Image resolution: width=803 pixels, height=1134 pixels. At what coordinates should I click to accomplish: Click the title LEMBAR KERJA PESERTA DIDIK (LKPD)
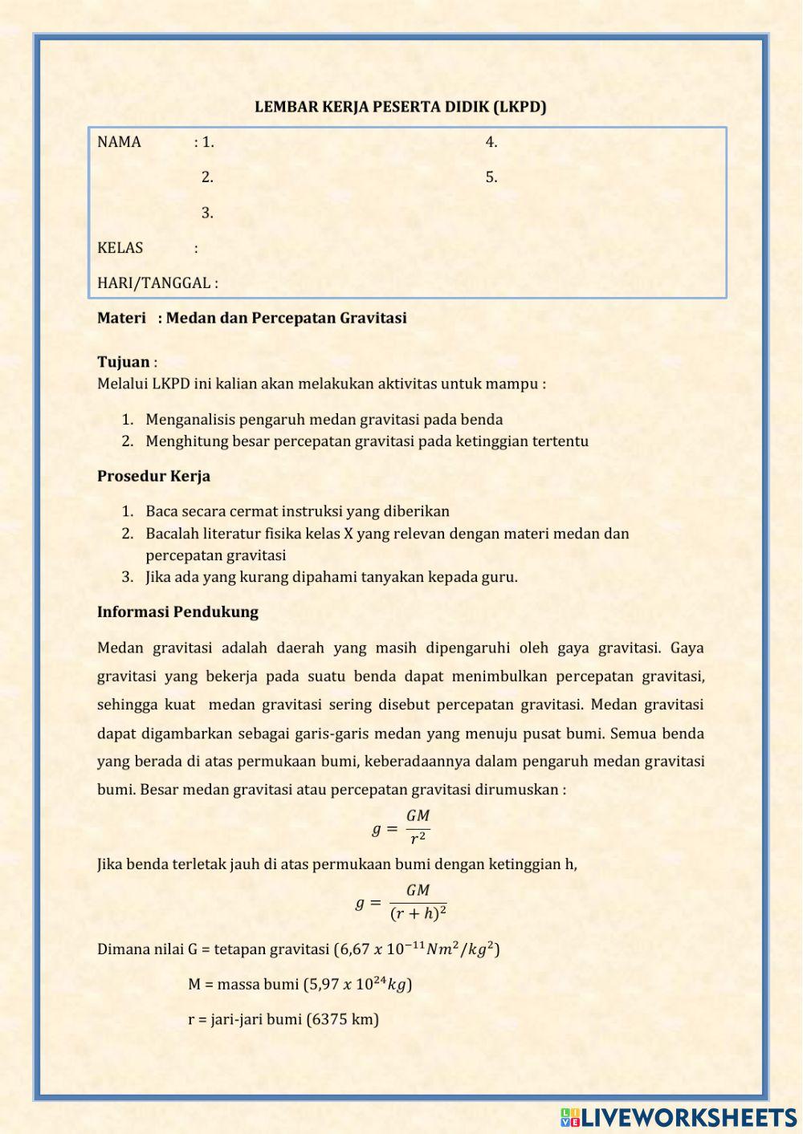point(400,107)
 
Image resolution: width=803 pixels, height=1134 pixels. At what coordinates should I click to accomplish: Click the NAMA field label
point(119,142)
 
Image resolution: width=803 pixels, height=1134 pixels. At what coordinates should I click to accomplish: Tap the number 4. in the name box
point(491,142)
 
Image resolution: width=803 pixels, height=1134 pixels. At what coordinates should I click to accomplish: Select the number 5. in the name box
point(491,177)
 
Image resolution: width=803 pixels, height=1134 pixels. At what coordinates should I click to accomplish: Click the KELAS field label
point(120,248)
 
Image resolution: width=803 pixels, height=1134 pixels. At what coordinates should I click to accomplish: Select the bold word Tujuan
point(123,362)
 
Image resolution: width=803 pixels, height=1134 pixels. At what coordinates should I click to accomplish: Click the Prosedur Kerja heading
point(153,476)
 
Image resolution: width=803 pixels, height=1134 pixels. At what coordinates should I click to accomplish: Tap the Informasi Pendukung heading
point(177,612)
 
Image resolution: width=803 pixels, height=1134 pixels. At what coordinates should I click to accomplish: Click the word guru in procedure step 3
point(499,577)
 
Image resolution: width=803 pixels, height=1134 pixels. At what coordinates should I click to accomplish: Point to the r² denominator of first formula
point(418,839)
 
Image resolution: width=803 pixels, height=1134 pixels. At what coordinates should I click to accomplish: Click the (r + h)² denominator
point(418,914)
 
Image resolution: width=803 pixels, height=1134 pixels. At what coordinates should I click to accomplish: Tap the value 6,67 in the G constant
point(354,949)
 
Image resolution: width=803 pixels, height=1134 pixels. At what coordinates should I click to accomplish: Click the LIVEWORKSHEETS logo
point(679,1117)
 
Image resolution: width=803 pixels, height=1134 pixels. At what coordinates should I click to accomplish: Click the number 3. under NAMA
point(207,213)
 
